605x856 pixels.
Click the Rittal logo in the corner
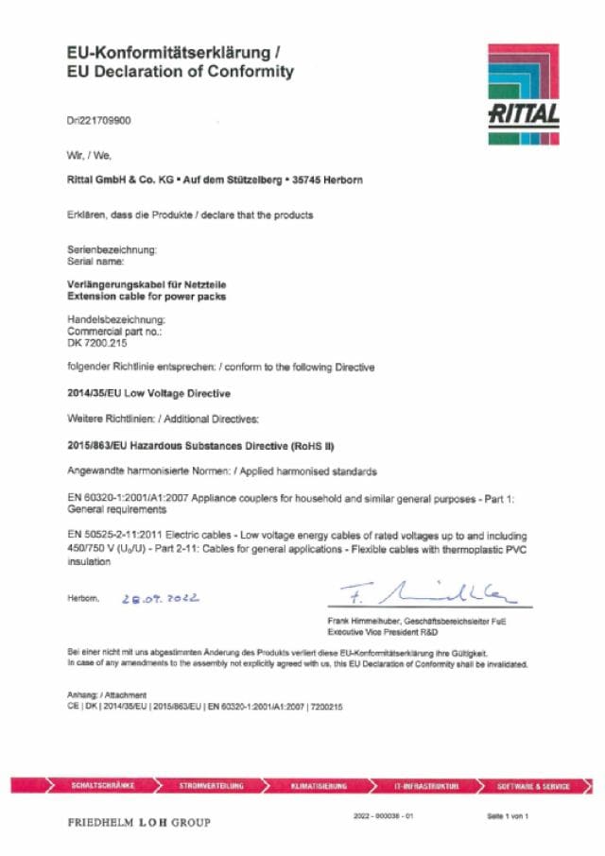tap(525, 94)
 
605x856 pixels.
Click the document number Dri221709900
tap(99, 122)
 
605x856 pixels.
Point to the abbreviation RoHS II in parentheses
tap(316, 444)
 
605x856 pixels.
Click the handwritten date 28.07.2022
tap(161, 598)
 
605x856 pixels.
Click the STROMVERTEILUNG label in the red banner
tap(212, 785)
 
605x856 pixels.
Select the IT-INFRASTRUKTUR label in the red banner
tap(426, 785)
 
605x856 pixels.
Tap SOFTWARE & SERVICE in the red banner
tap(534, 785)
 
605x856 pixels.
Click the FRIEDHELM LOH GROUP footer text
tap(139, 823)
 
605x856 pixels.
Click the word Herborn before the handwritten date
tap(83, 598)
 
